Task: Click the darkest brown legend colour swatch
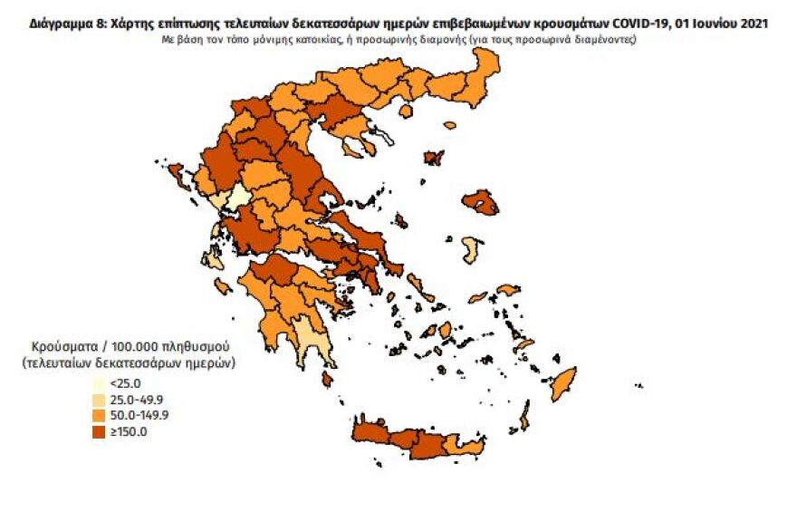tap(99, 431)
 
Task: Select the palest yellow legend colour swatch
tap(99, 384)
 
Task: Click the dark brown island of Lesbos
tap(480, 203)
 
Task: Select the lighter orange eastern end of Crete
tap(467, 447)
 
